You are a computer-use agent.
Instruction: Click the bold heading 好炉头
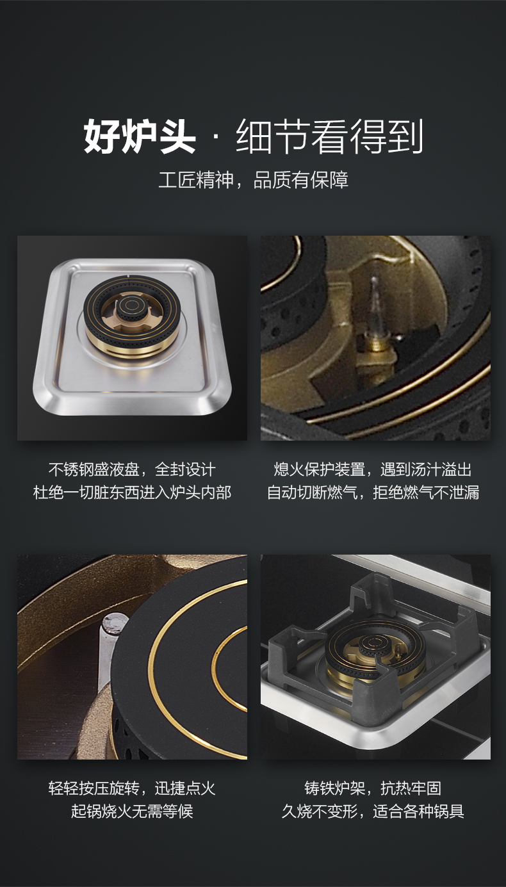click(x=140, y=136)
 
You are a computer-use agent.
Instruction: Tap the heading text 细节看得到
click(x=329, y=136)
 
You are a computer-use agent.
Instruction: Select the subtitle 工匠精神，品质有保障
click(x=254, y=180)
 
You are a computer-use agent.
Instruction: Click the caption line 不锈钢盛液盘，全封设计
click(x=132, y=469)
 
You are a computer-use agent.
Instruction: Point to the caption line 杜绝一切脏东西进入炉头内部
click(x=132, y=492)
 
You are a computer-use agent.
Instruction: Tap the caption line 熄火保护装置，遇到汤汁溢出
click(x=373, y=469)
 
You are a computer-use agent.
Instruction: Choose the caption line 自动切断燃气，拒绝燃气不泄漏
click(x=373, y=492)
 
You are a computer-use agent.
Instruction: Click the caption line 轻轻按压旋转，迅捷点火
click(x=132, y=788)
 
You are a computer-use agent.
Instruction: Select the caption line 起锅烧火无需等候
click(x=132, y=811)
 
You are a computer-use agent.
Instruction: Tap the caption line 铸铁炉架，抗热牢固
click(x=373, y=788)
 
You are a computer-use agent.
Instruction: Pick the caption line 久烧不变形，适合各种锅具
click(x=373, y=811)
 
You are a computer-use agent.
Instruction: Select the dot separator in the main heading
click(x=216, y=136)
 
